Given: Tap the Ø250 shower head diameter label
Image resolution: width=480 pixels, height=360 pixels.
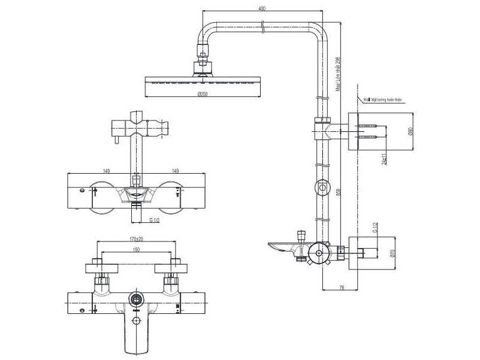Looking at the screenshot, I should click(204, 100).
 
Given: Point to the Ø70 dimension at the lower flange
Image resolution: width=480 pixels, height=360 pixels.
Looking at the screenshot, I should click(393, 253).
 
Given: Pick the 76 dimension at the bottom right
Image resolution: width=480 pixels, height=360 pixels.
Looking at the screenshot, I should click(341, 288).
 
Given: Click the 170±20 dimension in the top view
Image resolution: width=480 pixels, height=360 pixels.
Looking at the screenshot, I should click(137, 239).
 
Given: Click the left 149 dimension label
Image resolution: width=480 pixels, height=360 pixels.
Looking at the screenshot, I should click(106, 171).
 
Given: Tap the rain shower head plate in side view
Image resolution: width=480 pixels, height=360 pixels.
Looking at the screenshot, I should click(204, 80).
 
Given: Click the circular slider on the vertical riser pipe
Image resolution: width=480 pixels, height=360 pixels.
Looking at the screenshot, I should click(323, 188).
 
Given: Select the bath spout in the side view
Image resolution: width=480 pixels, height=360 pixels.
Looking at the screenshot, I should click(285, 246).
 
